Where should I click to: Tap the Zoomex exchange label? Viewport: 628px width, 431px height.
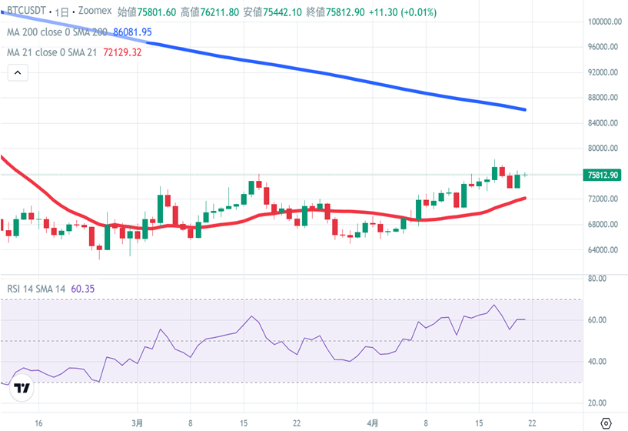point(95,12)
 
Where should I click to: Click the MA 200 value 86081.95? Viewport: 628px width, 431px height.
point(132,32)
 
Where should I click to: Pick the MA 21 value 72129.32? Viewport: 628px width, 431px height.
point(122,52)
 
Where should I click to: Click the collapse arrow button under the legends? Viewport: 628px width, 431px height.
point(18,73)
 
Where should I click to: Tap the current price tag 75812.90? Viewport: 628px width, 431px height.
point(603,175)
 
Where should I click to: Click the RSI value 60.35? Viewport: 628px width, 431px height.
point(81,289)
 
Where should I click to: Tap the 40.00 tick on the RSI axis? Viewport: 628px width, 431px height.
point(596,362)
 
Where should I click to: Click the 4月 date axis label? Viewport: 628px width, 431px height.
point(372,423)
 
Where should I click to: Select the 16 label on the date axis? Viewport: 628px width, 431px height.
point(38,423)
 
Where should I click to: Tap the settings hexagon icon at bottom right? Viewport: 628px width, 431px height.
point(605,422)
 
